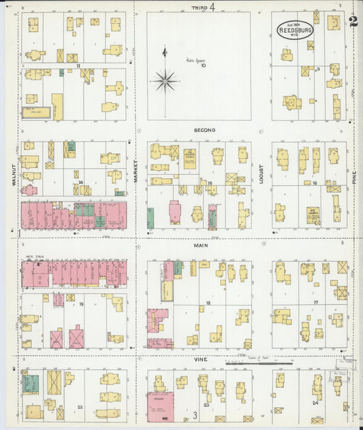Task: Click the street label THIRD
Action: pyautogui.click(x=198, y=7)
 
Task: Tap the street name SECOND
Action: pyautogui.click(x=204, y=129)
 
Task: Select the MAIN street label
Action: pyautogui.click(x=202, y=246)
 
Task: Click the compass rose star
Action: pyautogui.click(x=165, y=82)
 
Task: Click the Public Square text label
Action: pyautogui.click(x=195, y=61)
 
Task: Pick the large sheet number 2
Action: pyautogui.click(x=352, y=22)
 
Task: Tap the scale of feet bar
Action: pyautogui.click(x=259, y=364)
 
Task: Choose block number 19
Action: pyautogui.click(x=80, y=304)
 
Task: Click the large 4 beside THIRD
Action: pyautogui.click(x=212, y=7)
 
